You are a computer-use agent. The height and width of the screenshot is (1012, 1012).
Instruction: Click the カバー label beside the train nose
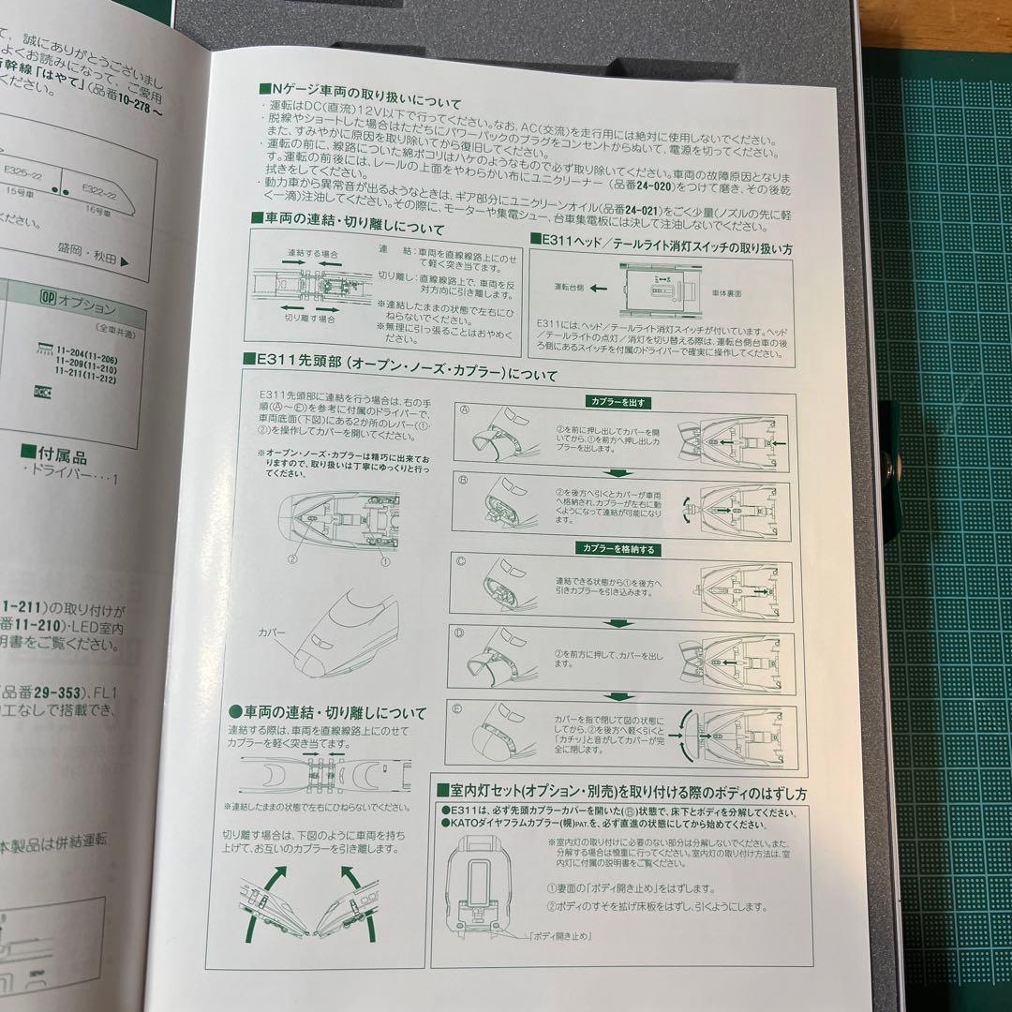(272, 632)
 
